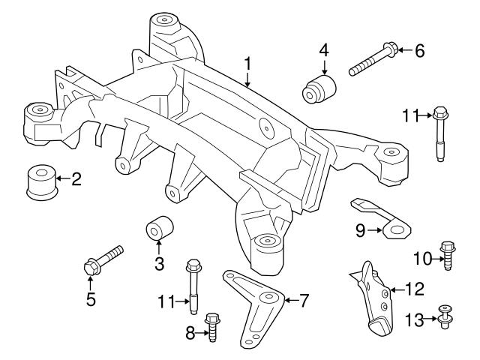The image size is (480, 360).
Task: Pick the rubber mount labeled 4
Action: pyautogui.click(x=317, y=88)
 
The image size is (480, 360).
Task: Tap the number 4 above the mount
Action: pyautogui.click(x=323, y=51)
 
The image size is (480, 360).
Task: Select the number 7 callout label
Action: pyautogui.click(x=304, y=301)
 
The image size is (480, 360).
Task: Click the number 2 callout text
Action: pyautogui.click(x=76, y=178)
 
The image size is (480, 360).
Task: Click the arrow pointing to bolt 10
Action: pyautogui.click(x=432, y=259)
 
